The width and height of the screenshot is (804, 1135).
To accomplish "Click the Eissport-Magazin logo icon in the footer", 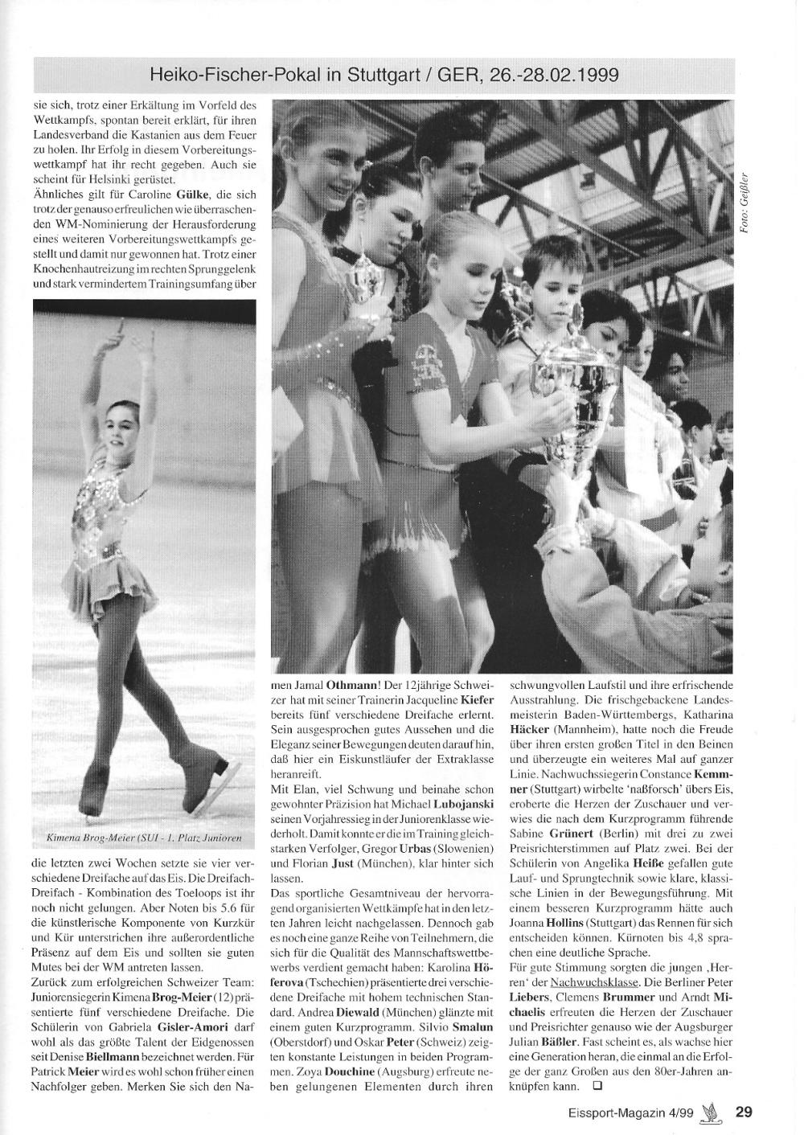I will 708,1112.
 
